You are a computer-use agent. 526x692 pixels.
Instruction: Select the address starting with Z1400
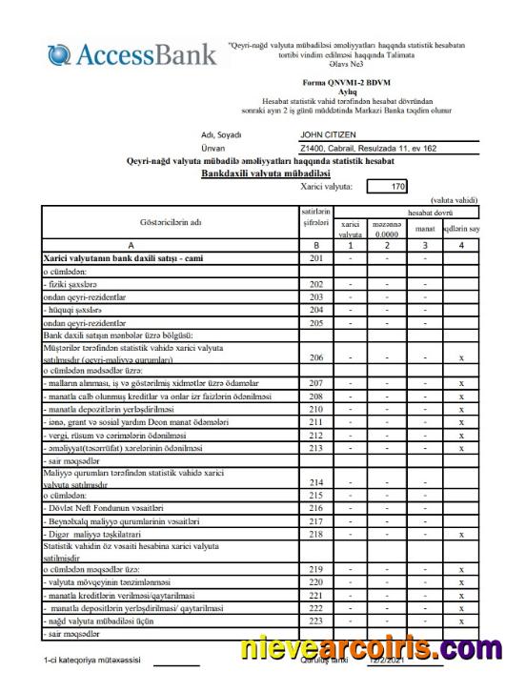point(368,149)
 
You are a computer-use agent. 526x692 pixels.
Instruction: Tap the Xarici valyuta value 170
point(399,186)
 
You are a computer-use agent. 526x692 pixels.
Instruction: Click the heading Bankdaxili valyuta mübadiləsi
point(265,173)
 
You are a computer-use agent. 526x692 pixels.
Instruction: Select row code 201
point(316,258)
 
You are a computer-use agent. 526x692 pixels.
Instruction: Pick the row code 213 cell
point(316,447)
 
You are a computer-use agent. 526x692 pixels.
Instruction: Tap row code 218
point(316,535)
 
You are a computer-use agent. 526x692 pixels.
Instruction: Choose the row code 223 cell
point(316,620)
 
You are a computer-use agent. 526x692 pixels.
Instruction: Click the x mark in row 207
point(461,383)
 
